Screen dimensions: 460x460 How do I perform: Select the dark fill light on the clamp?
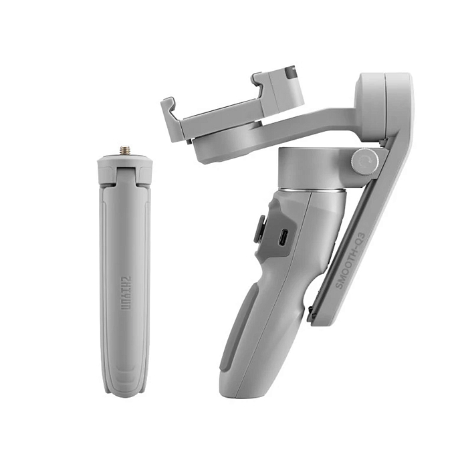click(x=291, y=71)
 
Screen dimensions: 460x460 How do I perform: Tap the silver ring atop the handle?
click(x=312, y=191)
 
